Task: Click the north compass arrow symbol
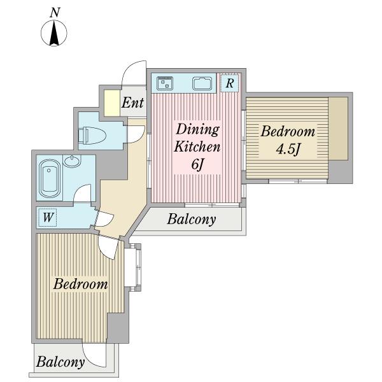(x=54, y=33)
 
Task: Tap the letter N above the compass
(x=55, y=13)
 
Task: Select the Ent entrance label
(x=132, y=103)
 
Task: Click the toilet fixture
(x=92, y=135)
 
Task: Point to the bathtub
(x=50, y=178)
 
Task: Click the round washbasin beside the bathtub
(x=72, y=161)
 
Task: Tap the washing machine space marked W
(x=48, y=217)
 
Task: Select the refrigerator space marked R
(x=229, y=83)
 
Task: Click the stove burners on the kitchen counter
(x=165, y=83)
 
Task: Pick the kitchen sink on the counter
(x=202, y=83)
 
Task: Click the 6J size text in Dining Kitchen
(x=197, y=165)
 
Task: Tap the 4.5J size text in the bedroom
(x=288, y=149)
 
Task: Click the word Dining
(x=197, y=130)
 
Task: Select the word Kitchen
(x=197, y=147)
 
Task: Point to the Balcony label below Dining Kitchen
(x=192, y=219)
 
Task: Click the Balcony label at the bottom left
(x=60, y=362)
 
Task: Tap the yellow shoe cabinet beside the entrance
(x=112, y=103)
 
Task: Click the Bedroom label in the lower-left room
(x=80, y=284)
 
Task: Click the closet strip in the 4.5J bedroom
(x=338, y=129)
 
